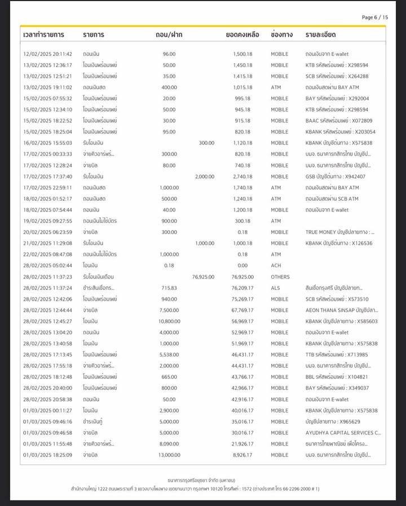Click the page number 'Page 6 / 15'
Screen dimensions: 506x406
[x=374, y=17]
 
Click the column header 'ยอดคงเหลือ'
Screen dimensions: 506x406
[x=242, y=35]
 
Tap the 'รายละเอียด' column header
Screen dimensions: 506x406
[x=320, y=35]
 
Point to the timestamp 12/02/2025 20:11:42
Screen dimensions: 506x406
[x=47, y=54]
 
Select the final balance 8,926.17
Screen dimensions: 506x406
[x=242, y=455]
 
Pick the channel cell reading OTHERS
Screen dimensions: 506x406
[x=280, y=277]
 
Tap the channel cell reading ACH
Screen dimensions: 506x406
[x=276, y=266]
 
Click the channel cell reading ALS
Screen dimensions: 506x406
[x=275, y=288]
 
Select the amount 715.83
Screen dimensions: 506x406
[x=169, y=288]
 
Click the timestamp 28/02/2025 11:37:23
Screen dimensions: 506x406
[x=47, y=277]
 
